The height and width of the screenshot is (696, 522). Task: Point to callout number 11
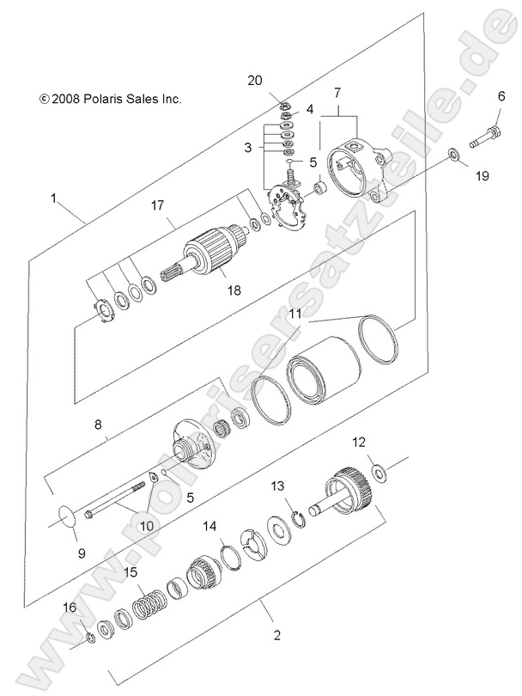(294, 315)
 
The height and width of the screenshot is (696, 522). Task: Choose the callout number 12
(358, 442)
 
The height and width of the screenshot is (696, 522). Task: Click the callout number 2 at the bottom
(276, 636)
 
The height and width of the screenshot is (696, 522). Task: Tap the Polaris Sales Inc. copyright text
(111, 99)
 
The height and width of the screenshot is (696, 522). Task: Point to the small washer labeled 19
(452, 155)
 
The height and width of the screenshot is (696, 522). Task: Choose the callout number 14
(209, 526)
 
